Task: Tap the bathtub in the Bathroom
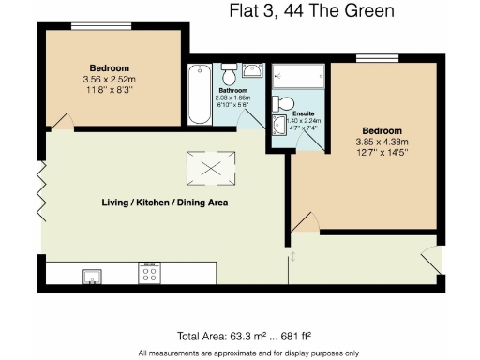[x=199, y=96]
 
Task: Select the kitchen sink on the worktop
[x=93, y=275]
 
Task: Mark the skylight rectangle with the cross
[x=210, y=168]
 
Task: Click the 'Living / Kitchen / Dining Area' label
[x=165, y=202]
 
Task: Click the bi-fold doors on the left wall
[x=40, y=191]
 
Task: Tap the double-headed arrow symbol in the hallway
[x=293, y=256]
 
